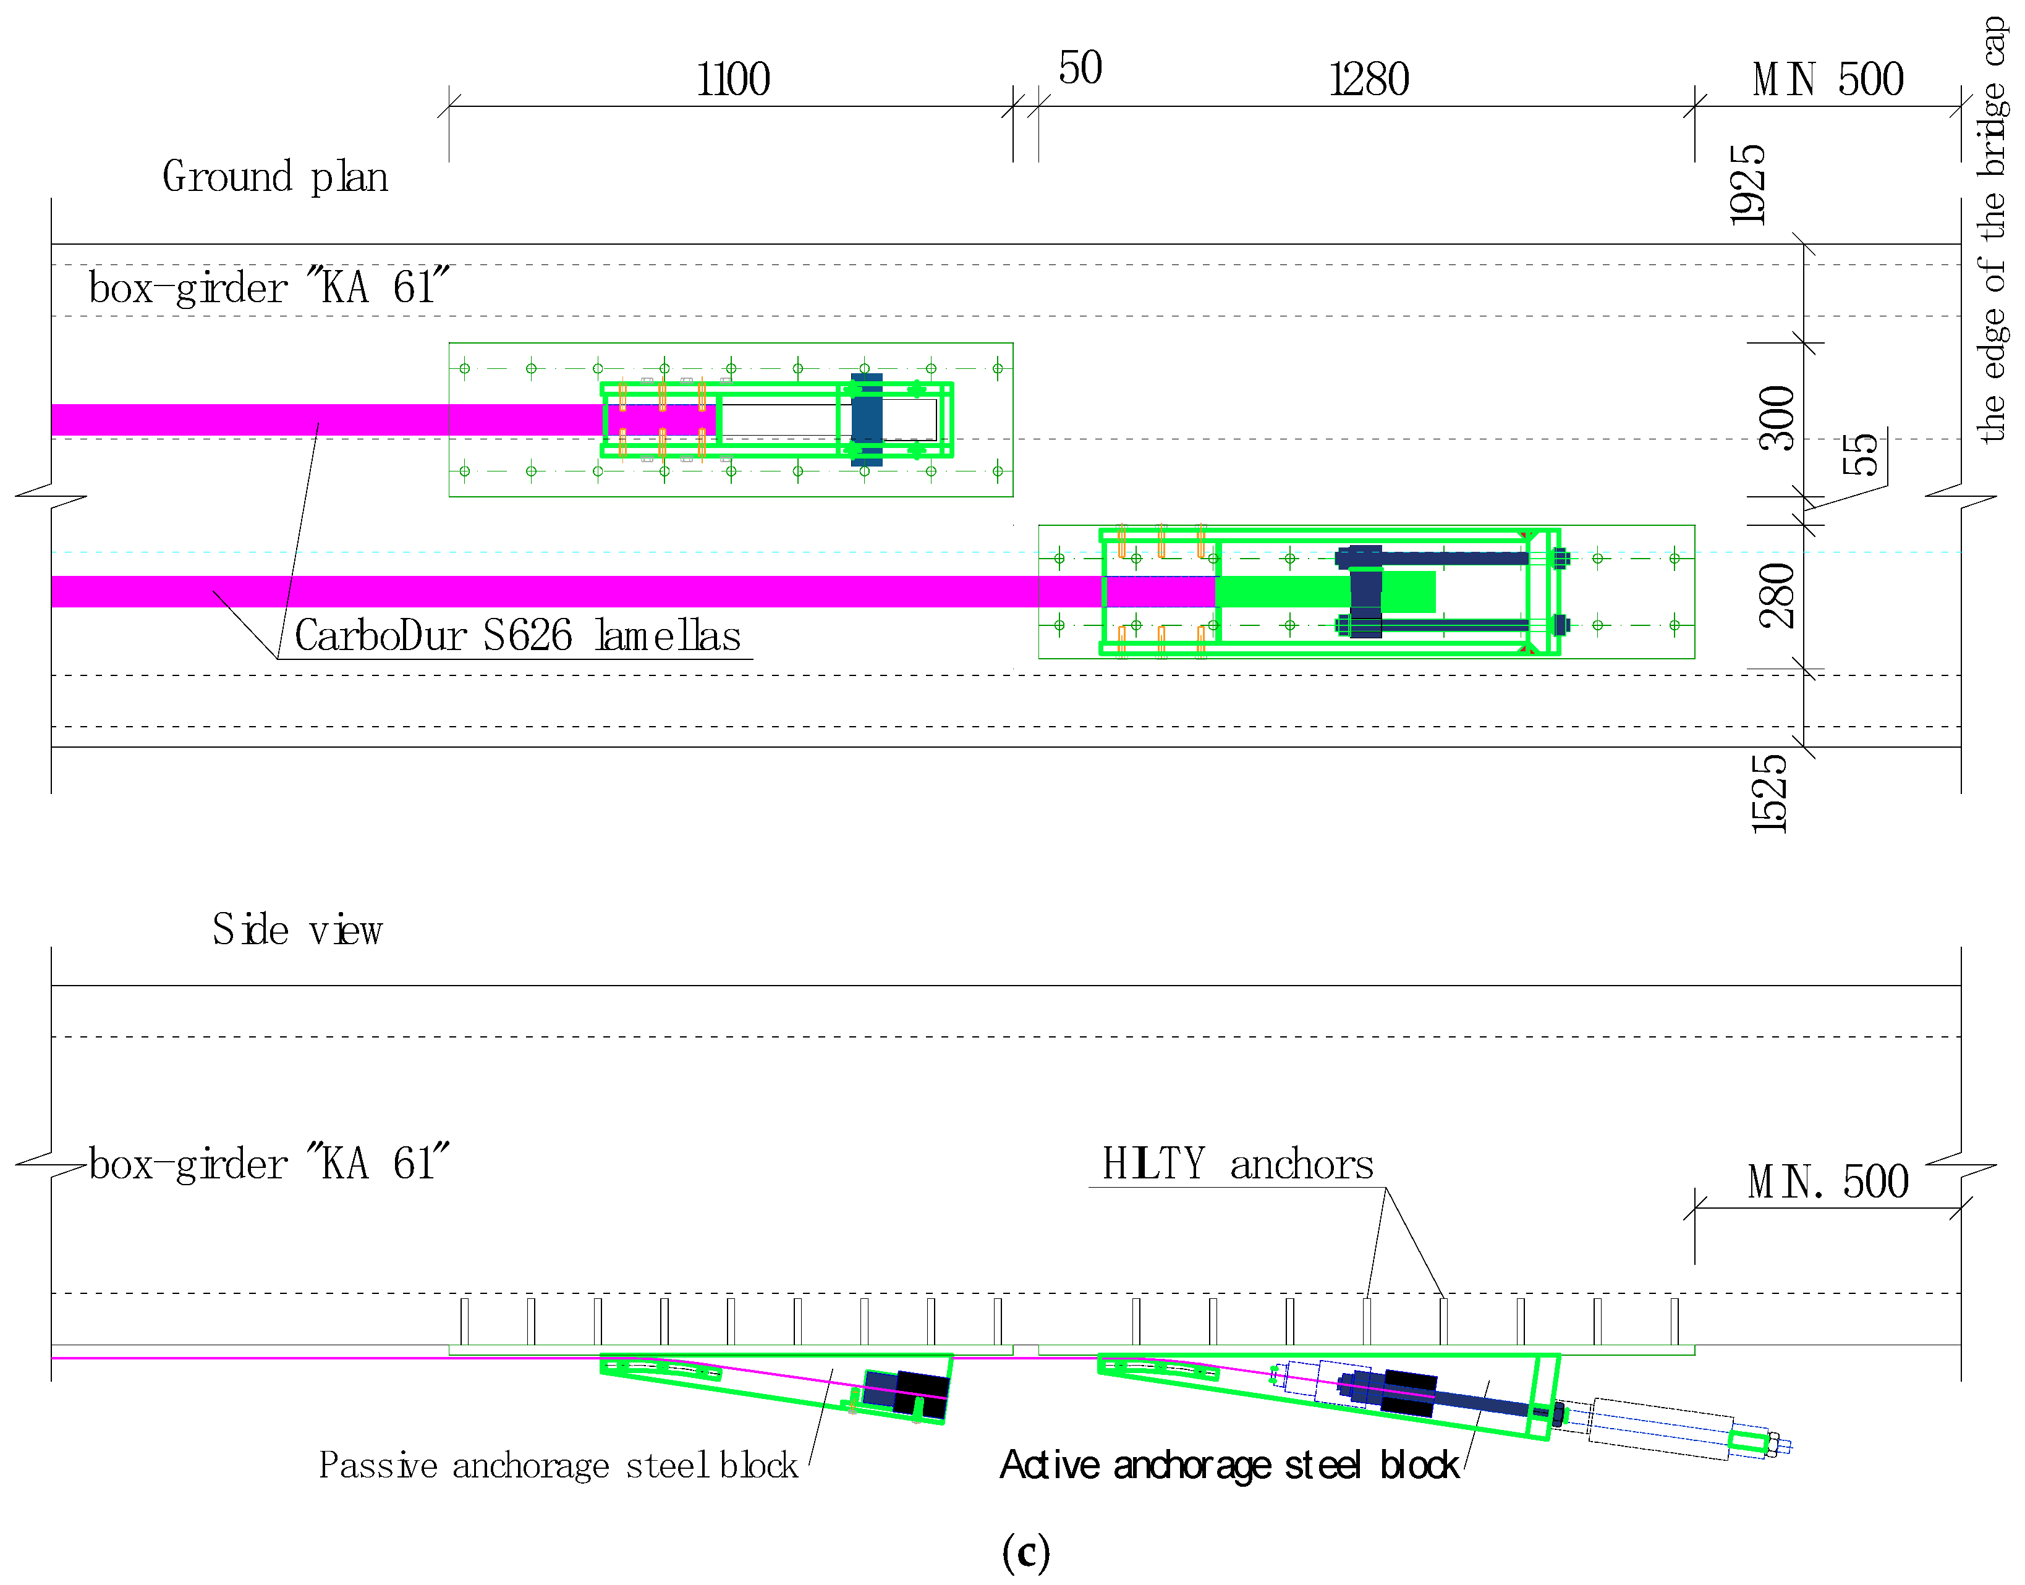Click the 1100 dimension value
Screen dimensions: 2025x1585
[x=733, y=79]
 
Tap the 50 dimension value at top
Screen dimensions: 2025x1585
[x=1080, y=68]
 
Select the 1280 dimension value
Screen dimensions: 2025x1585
[x=1369, y=79]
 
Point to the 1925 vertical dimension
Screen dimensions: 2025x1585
[x=1747, y=185]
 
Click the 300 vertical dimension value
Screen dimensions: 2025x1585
[x=1777, y=418]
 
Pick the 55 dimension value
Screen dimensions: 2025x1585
[x=1860, y=454]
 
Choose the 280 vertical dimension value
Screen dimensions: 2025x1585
[x=1777, y=596]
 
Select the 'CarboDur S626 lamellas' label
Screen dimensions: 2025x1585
[x=518, y=636]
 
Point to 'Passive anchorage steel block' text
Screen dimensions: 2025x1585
[x=558, y=1465]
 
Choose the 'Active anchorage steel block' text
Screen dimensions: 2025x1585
[x=1229, y=1465]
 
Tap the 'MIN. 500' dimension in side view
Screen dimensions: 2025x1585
[x=1828, y=1182]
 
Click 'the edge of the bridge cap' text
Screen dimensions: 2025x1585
[x=1992, y=229]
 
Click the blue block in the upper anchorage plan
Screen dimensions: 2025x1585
[x=867, y=420]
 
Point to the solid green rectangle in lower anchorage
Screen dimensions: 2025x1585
[x=1325, y=591]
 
